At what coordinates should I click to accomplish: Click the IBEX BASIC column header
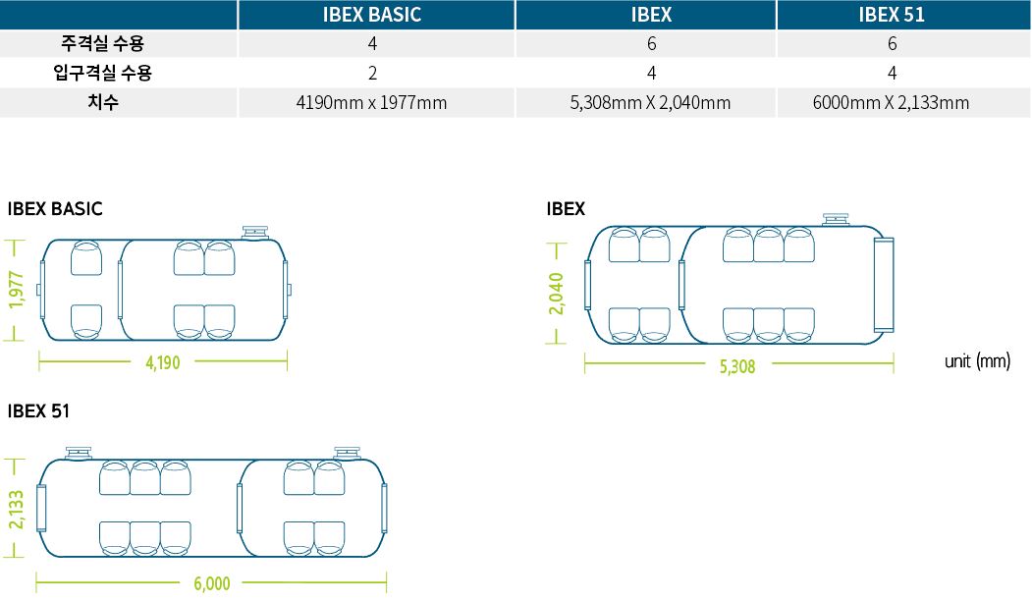tap(372, 15)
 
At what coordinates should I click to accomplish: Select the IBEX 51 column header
tap(892, 15)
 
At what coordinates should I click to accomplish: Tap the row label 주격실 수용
tap(103, 43)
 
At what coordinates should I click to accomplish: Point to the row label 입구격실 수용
tap(103, 73)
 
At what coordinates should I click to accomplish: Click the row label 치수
tap(103, 102)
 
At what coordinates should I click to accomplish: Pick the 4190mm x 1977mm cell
tap(372, 103)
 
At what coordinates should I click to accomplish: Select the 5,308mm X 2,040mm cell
tap(650, 103)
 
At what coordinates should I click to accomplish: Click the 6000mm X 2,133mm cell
tap(892, 103)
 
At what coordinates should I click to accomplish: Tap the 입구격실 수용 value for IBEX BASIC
tap(372, 73)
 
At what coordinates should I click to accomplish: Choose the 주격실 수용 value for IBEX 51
tap(892, 43)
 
